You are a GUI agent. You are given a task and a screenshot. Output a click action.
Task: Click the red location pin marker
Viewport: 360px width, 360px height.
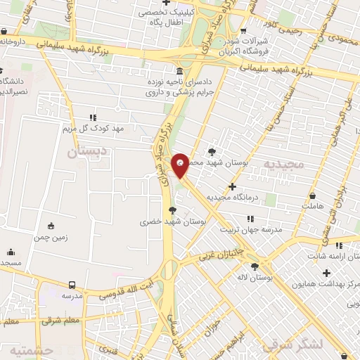point(181,165)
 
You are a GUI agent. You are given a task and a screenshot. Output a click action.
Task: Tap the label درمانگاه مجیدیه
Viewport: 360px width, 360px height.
point(262,198)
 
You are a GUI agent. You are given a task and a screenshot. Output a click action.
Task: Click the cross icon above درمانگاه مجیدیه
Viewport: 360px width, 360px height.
point(232,187)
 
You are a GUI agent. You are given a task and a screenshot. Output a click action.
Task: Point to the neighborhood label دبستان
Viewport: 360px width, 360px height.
point(88,150)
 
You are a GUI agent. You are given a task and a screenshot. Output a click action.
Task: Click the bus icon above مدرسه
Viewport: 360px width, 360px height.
point(72,285)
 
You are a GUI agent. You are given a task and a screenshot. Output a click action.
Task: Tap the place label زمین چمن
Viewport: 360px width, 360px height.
point(51,238)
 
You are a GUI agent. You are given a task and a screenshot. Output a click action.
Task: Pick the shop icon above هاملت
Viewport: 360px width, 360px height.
point(312,195)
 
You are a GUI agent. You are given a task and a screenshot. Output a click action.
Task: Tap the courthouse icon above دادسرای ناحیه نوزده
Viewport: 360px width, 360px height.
point(181,71)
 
